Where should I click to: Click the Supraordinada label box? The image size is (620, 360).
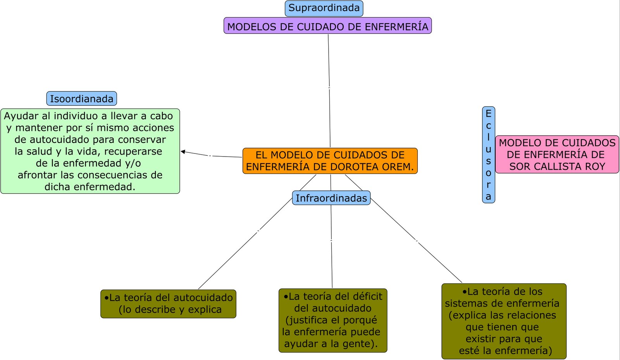(324, 9)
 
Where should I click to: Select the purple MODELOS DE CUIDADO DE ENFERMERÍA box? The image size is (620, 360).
(327, 26)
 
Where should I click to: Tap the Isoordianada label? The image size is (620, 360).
(81, 99)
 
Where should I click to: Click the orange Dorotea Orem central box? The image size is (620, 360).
(330, 161)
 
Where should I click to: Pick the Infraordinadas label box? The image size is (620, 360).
(331, 198)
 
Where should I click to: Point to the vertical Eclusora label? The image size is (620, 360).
(488, 155)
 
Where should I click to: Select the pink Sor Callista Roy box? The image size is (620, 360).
(557, 155)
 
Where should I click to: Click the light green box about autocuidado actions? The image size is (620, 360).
(90, 151)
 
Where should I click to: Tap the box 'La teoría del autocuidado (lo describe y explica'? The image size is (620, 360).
(168, 304)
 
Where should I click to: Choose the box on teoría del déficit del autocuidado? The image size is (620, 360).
(332, 320)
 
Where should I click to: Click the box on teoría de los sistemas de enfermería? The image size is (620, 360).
(504, 321)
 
